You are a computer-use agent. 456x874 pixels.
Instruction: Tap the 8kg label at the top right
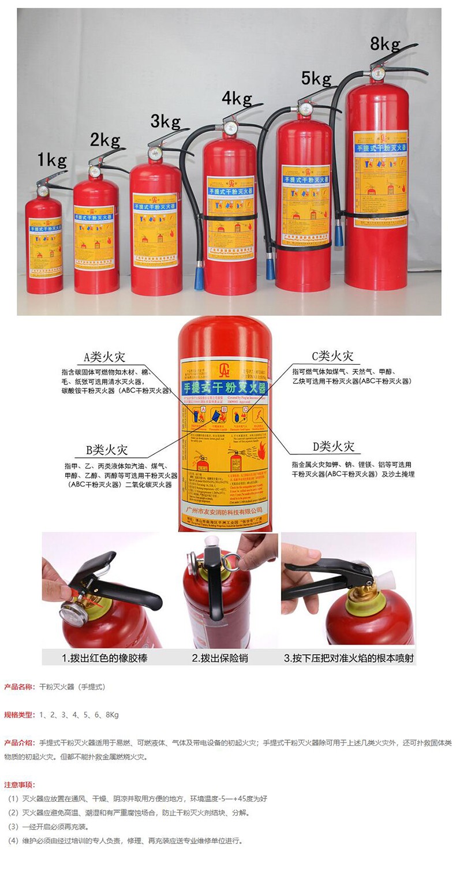pos(386,43)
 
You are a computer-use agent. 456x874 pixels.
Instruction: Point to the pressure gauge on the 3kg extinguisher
pos(155,153)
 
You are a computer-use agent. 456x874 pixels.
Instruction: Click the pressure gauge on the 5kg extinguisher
pos(305,109)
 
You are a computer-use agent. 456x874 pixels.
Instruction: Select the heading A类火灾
pos(104,357)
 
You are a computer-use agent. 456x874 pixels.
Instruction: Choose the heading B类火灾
pos(107,450)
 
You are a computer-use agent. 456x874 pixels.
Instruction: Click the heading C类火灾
pos(332,356)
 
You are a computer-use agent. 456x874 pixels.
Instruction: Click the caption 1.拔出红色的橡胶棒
pos(104,658)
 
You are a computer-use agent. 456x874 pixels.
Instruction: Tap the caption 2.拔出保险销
pos(220,658)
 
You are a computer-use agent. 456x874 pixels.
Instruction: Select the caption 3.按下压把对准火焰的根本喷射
pos(348,658)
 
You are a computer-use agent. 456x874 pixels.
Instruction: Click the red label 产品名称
pos(19,687)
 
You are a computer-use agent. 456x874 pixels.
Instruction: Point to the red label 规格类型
pos(19,715)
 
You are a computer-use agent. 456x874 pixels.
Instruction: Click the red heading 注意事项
pos(20,785)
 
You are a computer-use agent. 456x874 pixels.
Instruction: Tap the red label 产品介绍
pos(19,742)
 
